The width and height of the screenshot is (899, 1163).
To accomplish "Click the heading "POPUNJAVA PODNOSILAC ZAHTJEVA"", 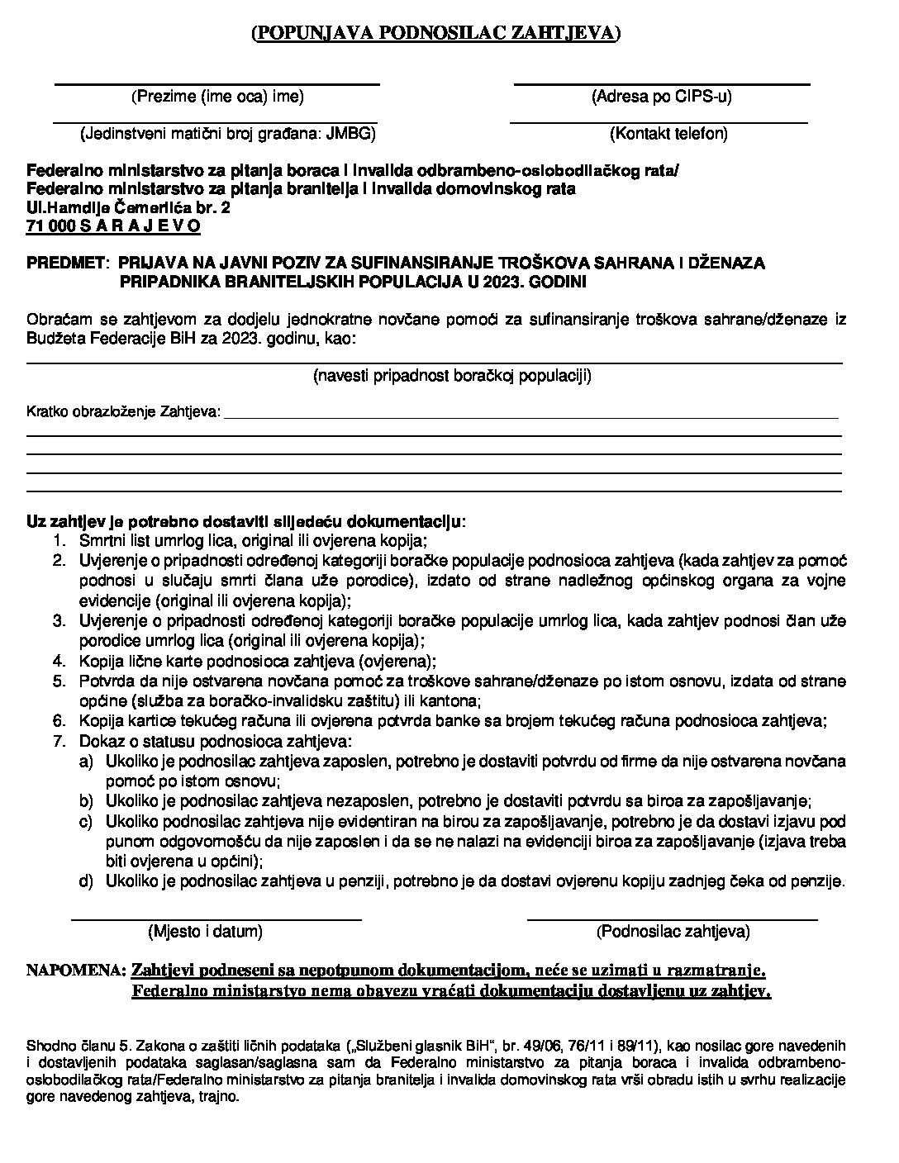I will click(435, 33).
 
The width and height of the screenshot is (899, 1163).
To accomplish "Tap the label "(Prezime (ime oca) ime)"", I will click(218, 97).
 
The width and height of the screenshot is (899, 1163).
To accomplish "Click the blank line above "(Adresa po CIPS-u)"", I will click(661, 83).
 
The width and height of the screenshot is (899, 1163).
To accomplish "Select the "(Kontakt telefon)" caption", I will click(668, 134).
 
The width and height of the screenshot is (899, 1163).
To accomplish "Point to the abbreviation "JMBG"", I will click(350, 134).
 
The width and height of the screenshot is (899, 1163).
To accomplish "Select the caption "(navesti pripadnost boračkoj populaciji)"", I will click(452, 377).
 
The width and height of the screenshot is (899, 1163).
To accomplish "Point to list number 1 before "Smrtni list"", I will click(59, 541).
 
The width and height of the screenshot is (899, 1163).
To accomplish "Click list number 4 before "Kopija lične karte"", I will click(59, 661).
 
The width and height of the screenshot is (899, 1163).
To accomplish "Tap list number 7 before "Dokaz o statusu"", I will click(59, 741).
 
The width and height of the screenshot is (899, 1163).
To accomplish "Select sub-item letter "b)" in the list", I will click(86, 801).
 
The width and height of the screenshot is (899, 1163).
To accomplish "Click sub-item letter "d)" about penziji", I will click(86, 881).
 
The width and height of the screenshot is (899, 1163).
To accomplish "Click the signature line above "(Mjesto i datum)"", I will click(216, 918).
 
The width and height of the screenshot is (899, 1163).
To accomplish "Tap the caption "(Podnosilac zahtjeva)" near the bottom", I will click(673, 932).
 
